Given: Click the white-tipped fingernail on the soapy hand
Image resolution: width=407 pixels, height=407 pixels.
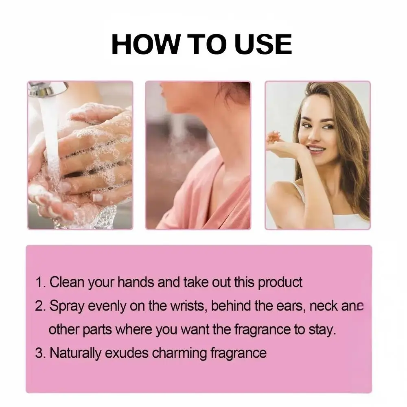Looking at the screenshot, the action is point(98,197).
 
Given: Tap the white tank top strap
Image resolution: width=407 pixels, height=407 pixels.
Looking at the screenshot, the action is point(298,192).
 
